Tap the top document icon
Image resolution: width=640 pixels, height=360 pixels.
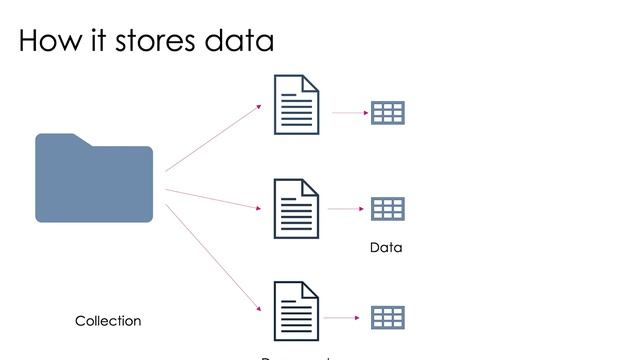(297, 105)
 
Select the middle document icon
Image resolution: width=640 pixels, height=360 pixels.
(297, 209)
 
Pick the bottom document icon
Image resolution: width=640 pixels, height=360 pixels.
(297, 312)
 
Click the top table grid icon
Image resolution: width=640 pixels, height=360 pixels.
(387, 112)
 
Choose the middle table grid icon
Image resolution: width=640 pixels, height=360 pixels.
(387, 209)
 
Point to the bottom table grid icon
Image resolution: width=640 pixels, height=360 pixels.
(387, 318)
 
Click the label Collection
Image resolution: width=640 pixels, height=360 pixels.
(108, 321)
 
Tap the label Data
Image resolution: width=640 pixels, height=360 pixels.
(386, 248)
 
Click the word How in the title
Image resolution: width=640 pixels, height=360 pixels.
(49, 41)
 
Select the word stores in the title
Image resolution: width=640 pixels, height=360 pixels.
(158, 41)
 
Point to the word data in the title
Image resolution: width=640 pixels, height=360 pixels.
(239, 41)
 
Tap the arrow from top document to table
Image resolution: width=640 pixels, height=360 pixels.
(348, 113)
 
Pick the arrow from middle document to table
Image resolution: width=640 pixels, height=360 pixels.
(344, 210)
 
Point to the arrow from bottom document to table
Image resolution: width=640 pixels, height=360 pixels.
(341, 318)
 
